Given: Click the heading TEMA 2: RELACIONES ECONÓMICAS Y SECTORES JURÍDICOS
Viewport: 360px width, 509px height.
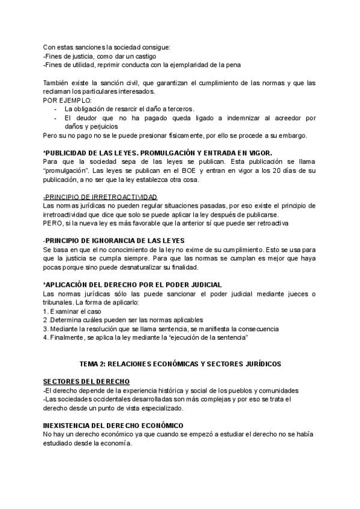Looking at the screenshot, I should click(x=179, y=364).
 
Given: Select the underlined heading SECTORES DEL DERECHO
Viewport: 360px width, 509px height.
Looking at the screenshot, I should click(x=86, y=382).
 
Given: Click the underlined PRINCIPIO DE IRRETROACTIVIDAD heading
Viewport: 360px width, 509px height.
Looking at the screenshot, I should click(x=100, y=197).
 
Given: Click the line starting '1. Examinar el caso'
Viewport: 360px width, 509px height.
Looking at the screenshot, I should click(x=72, y=312).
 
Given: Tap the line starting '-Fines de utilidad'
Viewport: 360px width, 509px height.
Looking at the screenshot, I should click(x=142, y=65).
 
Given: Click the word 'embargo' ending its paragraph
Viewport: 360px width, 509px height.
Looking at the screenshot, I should click(x=293, y=135).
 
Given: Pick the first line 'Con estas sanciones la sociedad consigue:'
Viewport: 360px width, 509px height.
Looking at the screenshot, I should click(x=107, y=47).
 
